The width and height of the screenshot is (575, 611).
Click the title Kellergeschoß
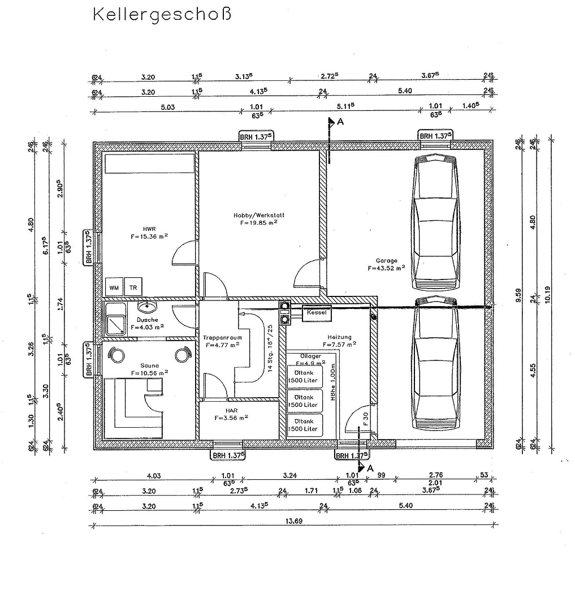point(162,14)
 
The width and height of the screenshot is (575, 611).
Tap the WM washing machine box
point(114,287)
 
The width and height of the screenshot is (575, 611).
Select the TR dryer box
point(133,287)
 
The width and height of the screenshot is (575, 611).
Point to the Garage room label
point(386,261)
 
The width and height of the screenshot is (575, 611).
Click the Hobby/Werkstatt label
point(258,216)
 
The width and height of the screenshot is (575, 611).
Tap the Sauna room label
point(150,365)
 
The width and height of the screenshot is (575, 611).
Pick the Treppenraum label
point(222,337)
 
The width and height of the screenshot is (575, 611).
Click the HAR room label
point(231,410)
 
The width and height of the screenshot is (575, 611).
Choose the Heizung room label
point(339,337)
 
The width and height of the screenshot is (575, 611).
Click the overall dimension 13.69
point(295,521)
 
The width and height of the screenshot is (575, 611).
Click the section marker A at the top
point(340,121)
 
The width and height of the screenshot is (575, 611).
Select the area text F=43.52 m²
point(386,268)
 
